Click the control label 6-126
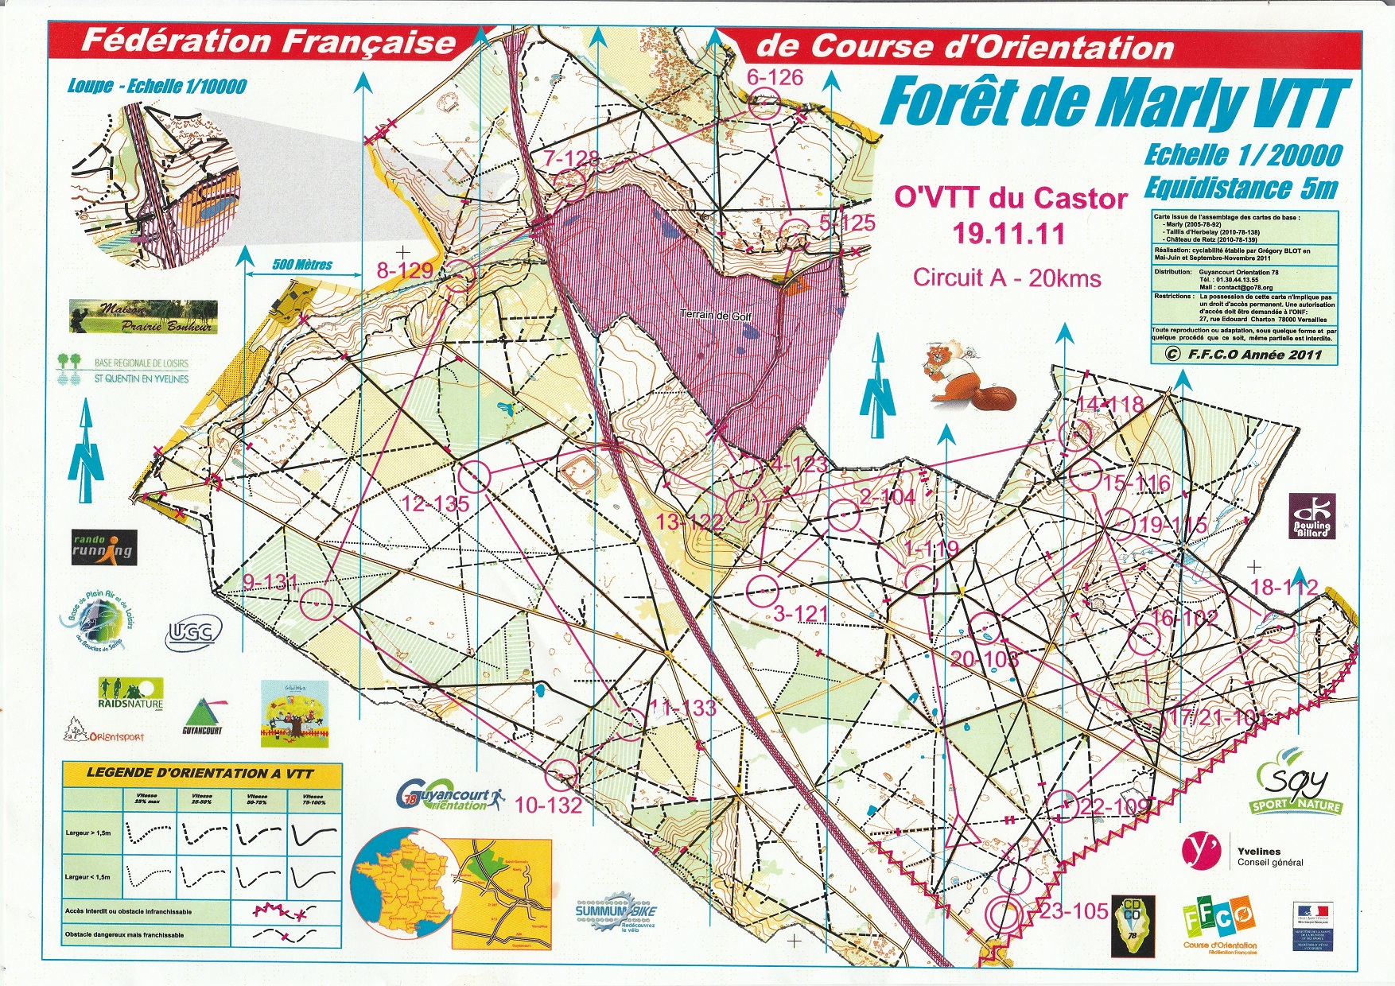coord(775,77)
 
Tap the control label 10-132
coord(548,805)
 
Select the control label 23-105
coord(1074,911)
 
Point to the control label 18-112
coord(1284,588)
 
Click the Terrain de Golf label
coord(715,316)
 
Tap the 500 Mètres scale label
coord(302,265)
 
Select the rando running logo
coord(103,547)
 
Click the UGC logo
coord(190,633)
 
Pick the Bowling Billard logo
coord(1311,515)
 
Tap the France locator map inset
coord(403,882)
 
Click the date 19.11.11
coord(1008,233)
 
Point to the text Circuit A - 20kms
coord(1006,278)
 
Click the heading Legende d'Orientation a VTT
coord(200,772)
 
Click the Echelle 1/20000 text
coord(1242,155)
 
